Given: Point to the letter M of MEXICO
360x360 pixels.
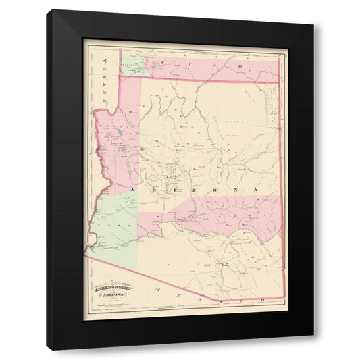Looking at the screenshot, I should (x=157, y=289).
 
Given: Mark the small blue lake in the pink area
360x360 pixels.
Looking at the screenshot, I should (x=120, y=132).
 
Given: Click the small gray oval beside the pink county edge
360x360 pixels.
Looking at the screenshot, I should (x=142, y=148).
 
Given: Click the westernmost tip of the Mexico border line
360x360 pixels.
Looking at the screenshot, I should (x=85, y=253).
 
